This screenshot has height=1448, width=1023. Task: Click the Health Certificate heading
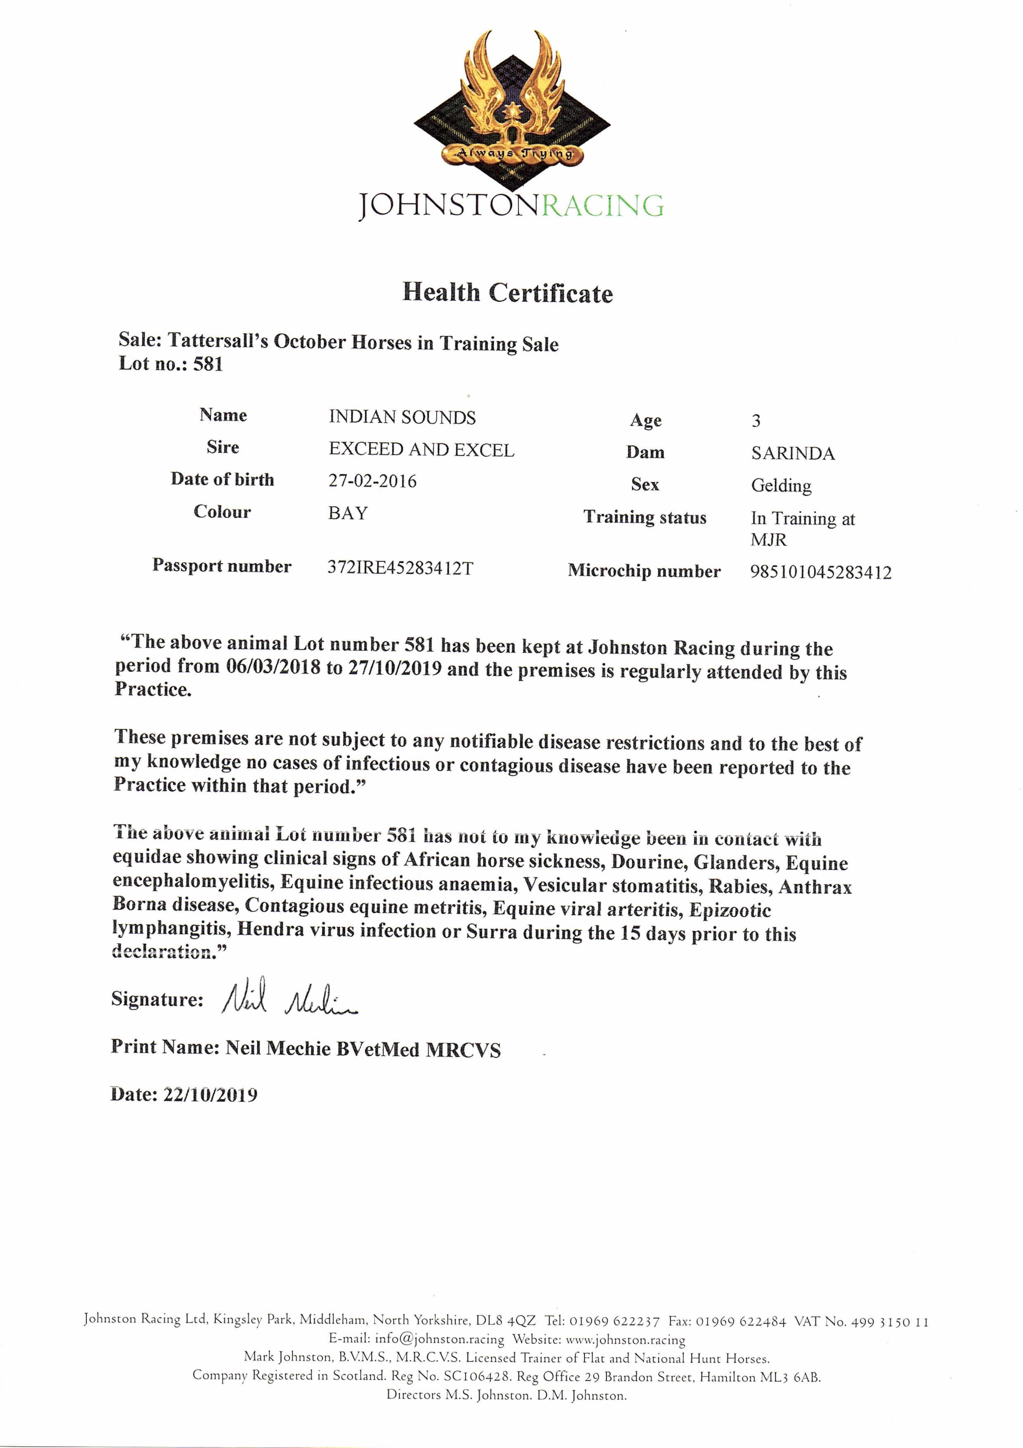(x=507, y=292)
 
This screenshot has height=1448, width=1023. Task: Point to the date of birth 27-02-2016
(x=372, y=481)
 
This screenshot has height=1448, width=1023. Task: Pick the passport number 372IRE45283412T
(x=400, y=568)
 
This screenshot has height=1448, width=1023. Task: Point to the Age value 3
(x=756, y=421)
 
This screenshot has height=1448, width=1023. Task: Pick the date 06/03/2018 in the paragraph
(x=273, y=667)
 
